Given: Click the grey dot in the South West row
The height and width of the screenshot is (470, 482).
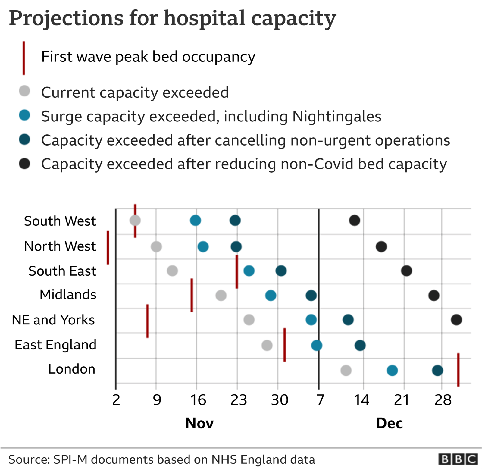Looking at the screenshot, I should [x=135, y=221].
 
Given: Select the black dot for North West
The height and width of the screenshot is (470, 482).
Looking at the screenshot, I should [x=381, y=247].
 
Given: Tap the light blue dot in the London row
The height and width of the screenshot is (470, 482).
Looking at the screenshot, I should [x=392, y=370].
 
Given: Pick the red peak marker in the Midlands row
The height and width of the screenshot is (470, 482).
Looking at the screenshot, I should [x=192, y=295].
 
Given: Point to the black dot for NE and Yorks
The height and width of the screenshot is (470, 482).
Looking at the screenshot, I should [x=456, y=320].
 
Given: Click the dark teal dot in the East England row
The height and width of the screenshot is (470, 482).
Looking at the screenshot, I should [x=360, y=345].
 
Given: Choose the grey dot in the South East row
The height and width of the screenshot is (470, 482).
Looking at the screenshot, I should [x=172, y=271].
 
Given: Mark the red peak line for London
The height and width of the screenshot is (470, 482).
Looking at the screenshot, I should [x=458, y=370].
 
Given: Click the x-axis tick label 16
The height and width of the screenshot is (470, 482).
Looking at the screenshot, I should [x=198, y=400].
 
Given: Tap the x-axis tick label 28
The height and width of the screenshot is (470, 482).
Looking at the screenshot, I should [x=443, y=400].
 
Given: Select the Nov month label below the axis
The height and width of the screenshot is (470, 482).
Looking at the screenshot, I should [x=199, y=423].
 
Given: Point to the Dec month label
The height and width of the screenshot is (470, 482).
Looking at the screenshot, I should [x=389, y=423].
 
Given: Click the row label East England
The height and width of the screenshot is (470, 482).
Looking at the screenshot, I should [x=55, y=345].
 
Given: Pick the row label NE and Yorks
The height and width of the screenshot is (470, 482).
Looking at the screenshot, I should [x=53, y=320].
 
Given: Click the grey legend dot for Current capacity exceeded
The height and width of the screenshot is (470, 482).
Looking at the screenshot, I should [x=24, y=91].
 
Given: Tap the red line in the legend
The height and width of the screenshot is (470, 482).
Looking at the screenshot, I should [x=24, y=58].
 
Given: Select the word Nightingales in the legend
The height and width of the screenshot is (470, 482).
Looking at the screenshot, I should [x=336, y=117].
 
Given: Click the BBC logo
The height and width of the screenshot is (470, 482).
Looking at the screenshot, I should [x=458, y=459].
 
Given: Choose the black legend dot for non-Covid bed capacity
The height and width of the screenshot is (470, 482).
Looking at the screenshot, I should [x=24, y=164].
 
